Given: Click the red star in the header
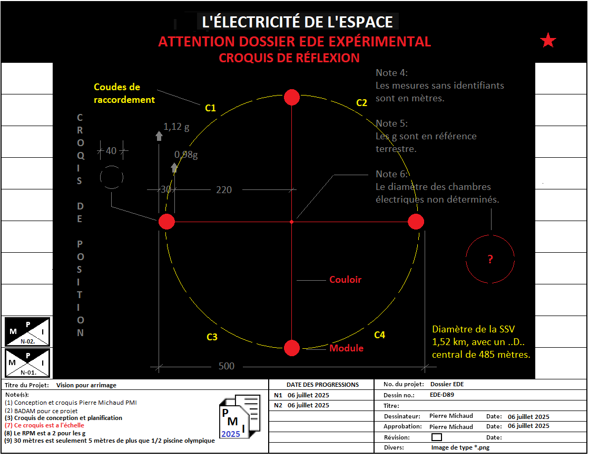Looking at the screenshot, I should pyautogui.click(x=548, y=41).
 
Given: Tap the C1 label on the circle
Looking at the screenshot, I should pyautogui.click(x=210, y=108).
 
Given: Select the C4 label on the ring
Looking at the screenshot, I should pyautogui.click(x=379, y=335).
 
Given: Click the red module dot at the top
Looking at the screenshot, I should pyautogui.click(x=292, y=98).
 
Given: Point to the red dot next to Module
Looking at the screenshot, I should pyautogui.click(x=292, y=348).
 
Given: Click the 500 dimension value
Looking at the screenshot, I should pyautogui.click(x=227, y=366).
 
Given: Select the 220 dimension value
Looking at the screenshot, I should pyautogui.click(x=224, y=190).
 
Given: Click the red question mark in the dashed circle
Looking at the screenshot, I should pyautogui.click(x=490, y=259).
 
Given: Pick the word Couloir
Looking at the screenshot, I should pyautogui.click(x=346, y=280).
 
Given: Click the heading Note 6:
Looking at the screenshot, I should pyautogui.click(x=392, y=174).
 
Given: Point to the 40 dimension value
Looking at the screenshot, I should pyautogui.click(x=111, y=151).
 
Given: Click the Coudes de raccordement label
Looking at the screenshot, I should pyautogui.click(x=124, y=93).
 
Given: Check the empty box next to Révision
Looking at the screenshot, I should pyautogui.click(x=436, y=437).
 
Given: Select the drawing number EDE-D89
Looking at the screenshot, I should pyautogui.click(x=442, y=395).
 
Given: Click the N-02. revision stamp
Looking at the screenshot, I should pyautogui.click(x=27, y=332).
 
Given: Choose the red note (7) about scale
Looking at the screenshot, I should pyautogui.click(x=44, y=425).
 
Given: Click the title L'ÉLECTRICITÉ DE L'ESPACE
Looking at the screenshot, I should pyautogui.click(x=298, y=22).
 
